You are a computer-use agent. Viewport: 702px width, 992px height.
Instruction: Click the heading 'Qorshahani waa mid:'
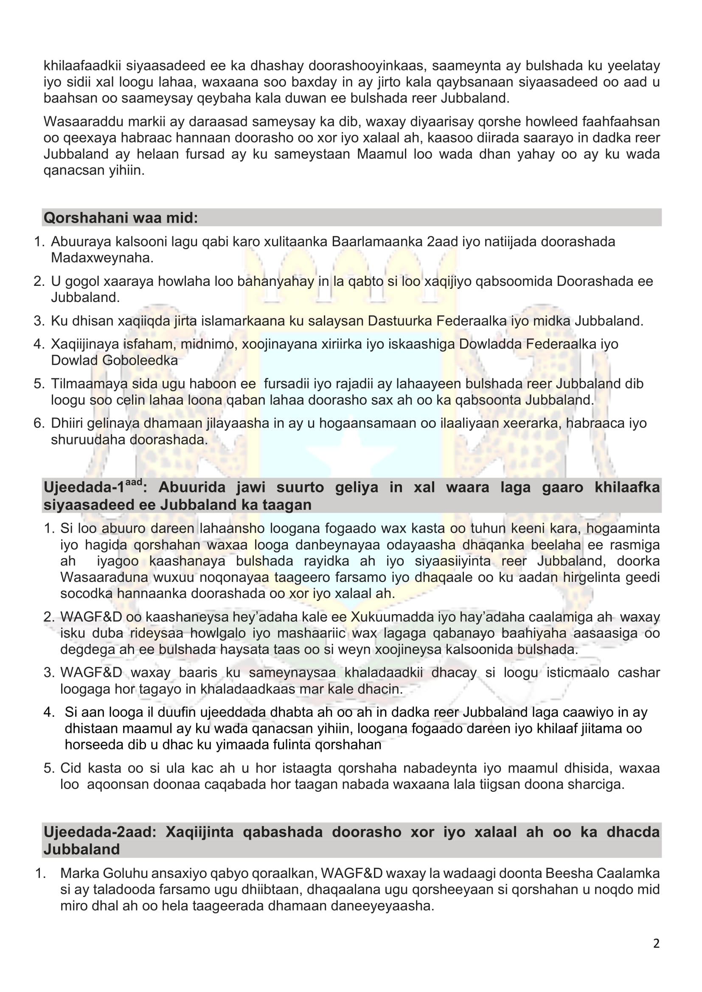pyautogui.click(x=121, y=218)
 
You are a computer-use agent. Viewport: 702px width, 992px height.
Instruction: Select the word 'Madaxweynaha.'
pyautogui.click(x=102, y=257)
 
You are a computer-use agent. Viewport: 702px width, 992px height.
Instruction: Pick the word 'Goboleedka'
pyautogui.click(x=140, y=360)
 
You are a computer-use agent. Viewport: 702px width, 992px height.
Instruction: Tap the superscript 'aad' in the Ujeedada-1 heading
pyautogui.click(x=134, y=482)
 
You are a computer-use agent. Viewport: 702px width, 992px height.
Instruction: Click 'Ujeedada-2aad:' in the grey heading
pyautogui.click(x=100, y=832)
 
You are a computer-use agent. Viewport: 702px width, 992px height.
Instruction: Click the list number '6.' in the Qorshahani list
pyautogui.click(x=39, y=423)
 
